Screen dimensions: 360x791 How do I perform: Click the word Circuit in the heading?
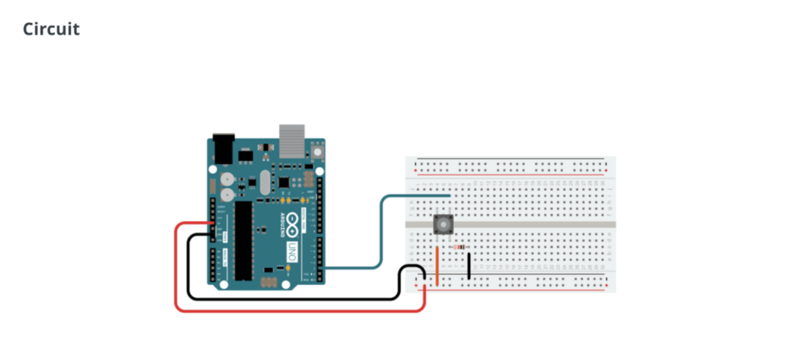pos(51,30)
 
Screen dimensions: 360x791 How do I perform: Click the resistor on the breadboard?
pos(460,247)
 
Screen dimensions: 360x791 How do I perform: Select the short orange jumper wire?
pos(438,267)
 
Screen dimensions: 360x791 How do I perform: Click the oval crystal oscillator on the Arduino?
pos(265,183)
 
